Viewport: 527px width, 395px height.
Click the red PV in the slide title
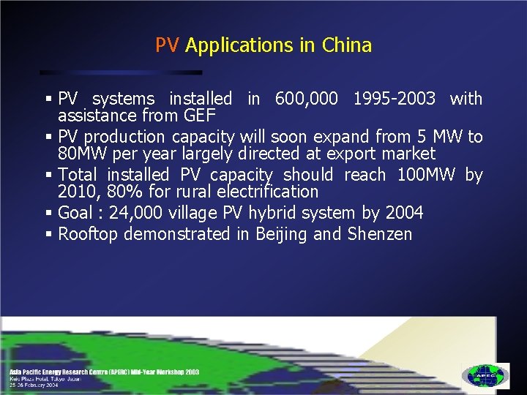pos(167,45)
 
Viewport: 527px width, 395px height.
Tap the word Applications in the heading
pos(239,46)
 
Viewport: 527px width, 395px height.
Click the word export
pos(359,154)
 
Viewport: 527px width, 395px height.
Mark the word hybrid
pos(252,213)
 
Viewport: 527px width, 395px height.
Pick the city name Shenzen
pos(380,234)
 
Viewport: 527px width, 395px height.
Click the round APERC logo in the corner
pos(485,375)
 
